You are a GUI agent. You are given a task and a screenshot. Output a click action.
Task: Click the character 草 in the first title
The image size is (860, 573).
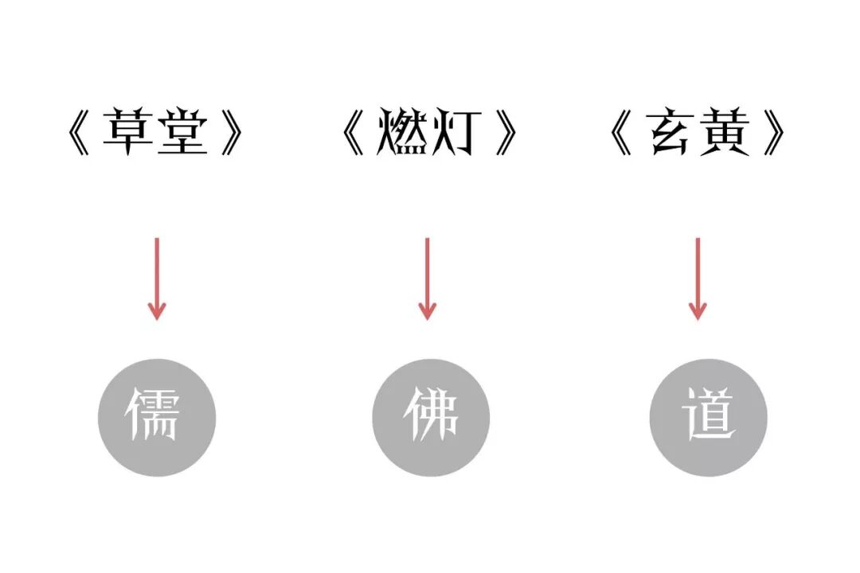pyautogui.click(x=129, y=133)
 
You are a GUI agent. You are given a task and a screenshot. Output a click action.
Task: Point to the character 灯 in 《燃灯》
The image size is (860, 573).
pyautogui.click(x=455, y=133)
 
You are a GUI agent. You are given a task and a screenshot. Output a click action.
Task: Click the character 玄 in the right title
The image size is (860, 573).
pyautogui.click(x=671, y=133)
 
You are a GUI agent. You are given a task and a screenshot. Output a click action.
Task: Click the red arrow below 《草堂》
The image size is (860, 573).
pyautogui.click(x=157, y=279)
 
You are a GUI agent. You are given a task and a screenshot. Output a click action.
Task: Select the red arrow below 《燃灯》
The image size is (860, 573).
pyautogui.click(x=428, y=279)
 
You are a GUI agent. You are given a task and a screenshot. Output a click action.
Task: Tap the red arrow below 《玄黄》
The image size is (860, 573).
pyautogui.click(x=698, y=279)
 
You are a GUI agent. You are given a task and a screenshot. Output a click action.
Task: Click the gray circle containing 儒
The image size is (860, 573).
pyautogui.click(x=157, y=417)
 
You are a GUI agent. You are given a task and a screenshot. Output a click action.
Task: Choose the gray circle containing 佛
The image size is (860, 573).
pyautogui.click(x=431, y=417)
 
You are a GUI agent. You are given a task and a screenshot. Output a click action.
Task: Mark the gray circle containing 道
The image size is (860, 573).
pyautogui.click(x=708, y=417)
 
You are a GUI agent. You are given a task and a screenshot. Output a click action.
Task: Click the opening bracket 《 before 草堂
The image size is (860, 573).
pyautogui.click(x=79, y=133)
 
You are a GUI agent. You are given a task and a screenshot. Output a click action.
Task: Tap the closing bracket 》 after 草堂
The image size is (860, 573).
pyautogui.click(x=232, y=133)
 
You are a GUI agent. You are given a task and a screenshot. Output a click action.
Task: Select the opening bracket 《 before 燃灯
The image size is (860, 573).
pyautogui.click(x=353, y=133)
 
